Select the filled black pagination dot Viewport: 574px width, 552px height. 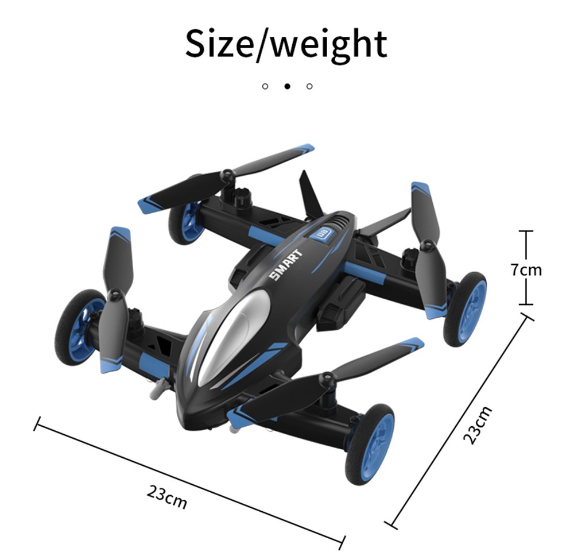pyautogui.click(x=288, y=86)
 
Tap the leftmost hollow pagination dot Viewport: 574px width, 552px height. pyautogui.click(x=265, y=86)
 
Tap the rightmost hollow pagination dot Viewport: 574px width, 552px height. pyautogui.click(x=310, y=86)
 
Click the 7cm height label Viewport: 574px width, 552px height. pyautogui.click(x=526, y=270)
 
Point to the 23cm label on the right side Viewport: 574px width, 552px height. pyautogui.click(x=477, y=425)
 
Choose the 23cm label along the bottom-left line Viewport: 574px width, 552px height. pyautogui.click(x=167, y=497)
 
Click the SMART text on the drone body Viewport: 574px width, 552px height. pyautogui.click(x=286, y=264)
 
